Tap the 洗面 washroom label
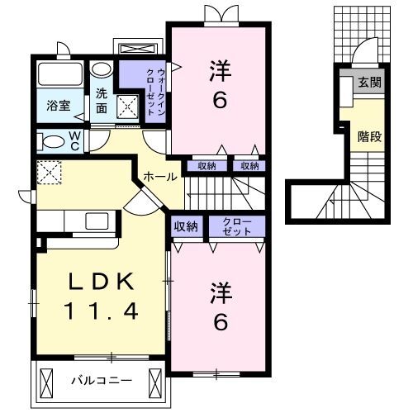[x=102, y=100]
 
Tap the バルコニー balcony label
[x=93, y=382]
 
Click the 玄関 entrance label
[x=368, y=83]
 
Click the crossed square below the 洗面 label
[x=128, y=107]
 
